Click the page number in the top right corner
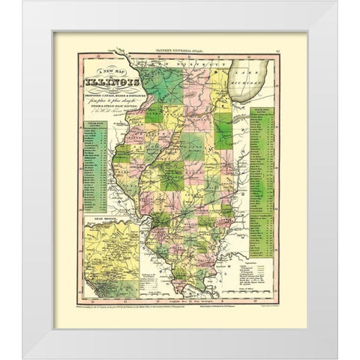(x=277, y=50)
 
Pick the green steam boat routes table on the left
(x=94, y=169)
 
